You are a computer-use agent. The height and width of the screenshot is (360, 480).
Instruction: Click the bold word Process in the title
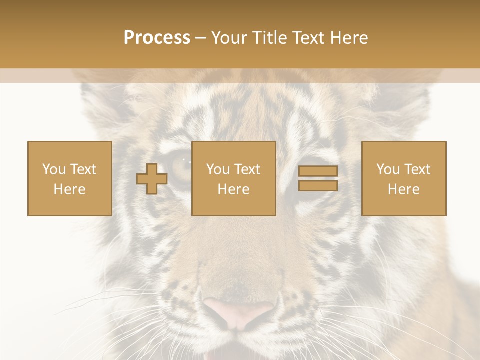pos(157,38)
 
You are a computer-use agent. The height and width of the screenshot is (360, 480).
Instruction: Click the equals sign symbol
pos(318,178)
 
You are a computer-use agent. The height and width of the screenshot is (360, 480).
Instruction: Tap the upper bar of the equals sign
pos(318,171)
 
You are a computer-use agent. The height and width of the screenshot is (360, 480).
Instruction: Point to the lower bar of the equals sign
pos(318,185)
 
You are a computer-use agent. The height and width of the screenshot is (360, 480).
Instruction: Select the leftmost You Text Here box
pos(70,178)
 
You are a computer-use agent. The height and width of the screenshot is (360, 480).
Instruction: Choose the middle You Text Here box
pos(233,178)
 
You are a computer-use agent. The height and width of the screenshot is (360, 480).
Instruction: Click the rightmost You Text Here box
pos(403,178)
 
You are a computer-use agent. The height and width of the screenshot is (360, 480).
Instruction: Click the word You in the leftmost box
pos(53,169)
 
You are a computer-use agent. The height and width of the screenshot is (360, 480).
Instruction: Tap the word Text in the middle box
pos(247,169)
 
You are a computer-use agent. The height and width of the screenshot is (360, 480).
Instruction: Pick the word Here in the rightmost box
pos(403,189)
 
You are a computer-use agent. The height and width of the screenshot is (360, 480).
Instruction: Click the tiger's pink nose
pos(238,310)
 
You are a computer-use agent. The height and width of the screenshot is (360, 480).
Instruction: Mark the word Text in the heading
pos(306,38)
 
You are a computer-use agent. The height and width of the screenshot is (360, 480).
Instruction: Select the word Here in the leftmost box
pos(70,189)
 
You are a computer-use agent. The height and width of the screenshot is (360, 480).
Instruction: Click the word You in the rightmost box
pos(388,169)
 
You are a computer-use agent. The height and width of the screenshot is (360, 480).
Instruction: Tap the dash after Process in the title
pos(201,38)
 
